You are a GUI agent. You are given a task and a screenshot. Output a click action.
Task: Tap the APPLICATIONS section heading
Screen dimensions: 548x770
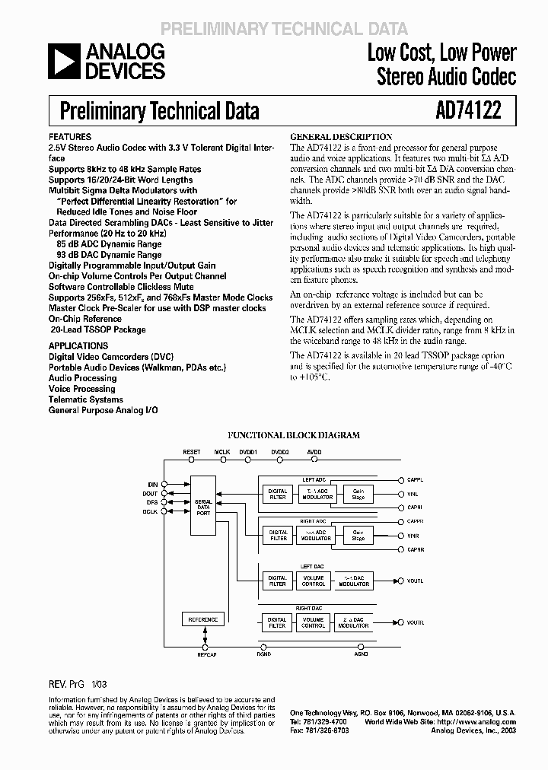coord(78,345)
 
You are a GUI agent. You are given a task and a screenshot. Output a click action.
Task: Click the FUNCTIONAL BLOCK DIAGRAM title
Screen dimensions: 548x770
coord(304,436)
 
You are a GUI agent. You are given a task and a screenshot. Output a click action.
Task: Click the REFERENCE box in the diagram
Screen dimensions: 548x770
coord(202,620)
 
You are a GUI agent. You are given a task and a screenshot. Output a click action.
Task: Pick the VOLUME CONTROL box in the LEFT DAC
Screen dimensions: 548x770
coord(314,581)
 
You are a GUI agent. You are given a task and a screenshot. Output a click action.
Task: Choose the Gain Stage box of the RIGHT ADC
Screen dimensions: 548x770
coord(358,534)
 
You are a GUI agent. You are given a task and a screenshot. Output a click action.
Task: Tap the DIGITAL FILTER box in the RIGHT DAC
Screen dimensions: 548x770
coord(277,622)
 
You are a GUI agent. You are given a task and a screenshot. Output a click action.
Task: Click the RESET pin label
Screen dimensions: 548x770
coord(192,452)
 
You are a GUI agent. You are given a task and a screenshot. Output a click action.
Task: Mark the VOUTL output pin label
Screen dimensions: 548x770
coord(415,581)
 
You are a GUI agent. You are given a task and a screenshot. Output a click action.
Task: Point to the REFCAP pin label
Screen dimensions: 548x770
coord(207,654)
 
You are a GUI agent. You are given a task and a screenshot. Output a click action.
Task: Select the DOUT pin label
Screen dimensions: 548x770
coord(151,493)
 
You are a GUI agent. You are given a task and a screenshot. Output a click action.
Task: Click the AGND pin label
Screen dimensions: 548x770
coord(361,654)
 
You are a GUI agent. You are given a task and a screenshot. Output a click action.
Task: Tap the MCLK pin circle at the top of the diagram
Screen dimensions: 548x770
coord(222,460)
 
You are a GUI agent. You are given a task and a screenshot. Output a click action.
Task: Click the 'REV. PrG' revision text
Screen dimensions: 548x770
coord(68,683)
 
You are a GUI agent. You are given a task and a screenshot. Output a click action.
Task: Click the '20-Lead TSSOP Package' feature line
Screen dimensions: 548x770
coord(97,329)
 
